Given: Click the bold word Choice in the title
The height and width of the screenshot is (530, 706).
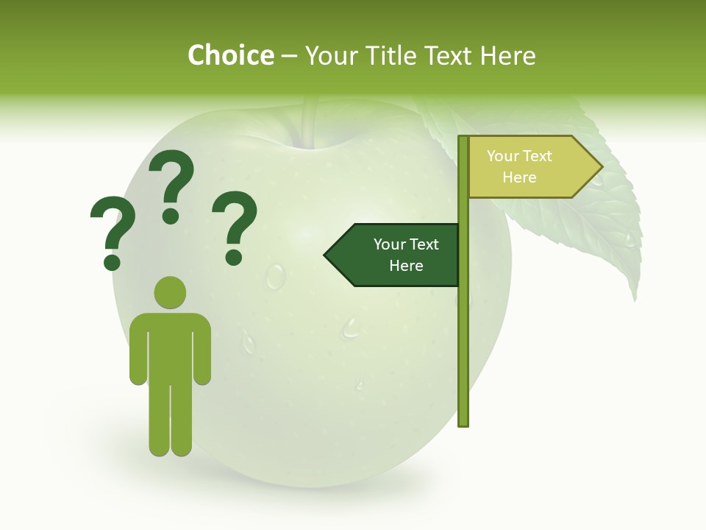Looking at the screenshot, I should pyautogui.click(x=230, y=55).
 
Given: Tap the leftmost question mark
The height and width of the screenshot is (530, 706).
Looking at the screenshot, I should pyautogui.click(x=111, y=232).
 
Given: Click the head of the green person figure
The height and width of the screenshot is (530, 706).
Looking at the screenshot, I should pyautogui.click(x=170, y=292).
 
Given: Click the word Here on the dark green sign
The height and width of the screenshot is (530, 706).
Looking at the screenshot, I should pyautogui.click(x=406, y=266).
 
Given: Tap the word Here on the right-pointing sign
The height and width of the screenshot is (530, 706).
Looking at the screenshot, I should pyautogui.click(x=519, y=177).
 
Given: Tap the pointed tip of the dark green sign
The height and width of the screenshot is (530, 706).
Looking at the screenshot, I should pyautogui.click(x=327, y=255).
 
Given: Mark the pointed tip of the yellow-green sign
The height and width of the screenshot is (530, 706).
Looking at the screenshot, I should pyautogui.click(x=601, y=167).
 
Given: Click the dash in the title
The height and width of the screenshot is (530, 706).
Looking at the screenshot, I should pyautogui.click(x=289, y=56).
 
